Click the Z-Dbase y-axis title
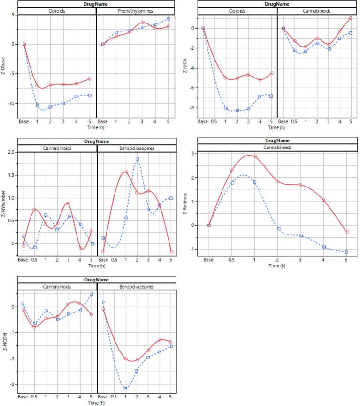coord(4,66)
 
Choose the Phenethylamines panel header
coord(136,11)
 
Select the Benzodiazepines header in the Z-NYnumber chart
coord(137,148)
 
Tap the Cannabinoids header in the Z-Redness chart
coord(277,147)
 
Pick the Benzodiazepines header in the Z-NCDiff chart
coord(136,287)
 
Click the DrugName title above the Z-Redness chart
coord(277,141)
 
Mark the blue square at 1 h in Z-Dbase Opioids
coord(38,105)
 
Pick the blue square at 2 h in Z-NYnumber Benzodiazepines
coord(137,159)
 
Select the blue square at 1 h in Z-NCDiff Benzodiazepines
coord(125,388)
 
